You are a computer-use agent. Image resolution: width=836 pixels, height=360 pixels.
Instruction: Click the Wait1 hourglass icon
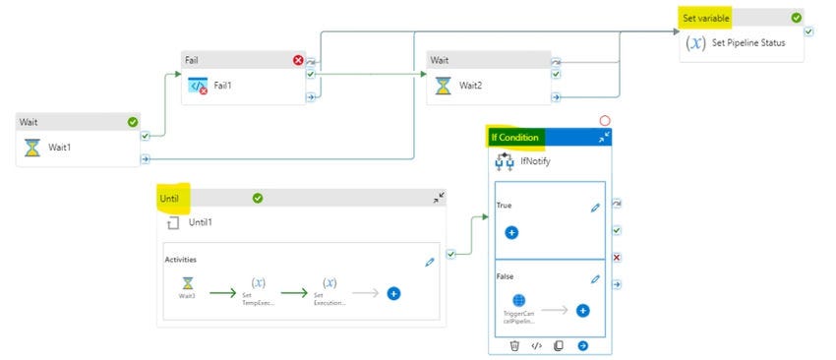(32, 147)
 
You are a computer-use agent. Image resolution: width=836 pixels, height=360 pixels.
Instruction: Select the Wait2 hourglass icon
(445, 86)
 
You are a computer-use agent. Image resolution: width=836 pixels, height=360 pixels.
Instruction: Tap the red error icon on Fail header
(298, 60)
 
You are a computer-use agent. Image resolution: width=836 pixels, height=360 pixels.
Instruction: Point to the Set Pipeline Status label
(747, 43)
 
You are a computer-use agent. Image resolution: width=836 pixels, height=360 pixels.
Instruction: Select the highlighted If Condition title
(514, 138)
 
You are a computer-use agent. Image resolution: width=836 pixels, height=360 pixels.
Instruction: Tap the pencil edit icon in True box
(595, 208)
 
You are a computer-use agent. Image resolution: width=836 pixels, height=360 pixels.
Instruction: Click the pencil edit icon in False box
(595, 279)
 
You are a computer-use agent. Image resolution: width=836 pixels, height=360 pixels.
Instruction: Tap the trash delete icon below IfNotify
(514, 345)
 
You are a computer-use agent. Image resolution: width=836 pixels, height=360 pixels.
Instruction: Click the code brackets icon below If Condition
(536, 345)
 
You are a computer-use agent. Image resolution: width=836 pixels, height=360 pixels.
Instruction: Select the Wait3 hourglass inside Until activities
(186, 283)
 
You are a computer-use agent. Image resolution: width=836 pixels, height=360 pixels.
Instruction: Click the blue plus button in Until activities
(393, 293)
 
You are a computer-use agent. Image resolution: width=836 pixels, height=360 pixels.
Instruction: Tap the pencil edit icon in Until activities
(429, 262)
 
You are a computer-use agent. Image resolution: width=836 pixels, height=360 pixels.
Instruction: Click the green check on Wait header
(133, 122)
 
